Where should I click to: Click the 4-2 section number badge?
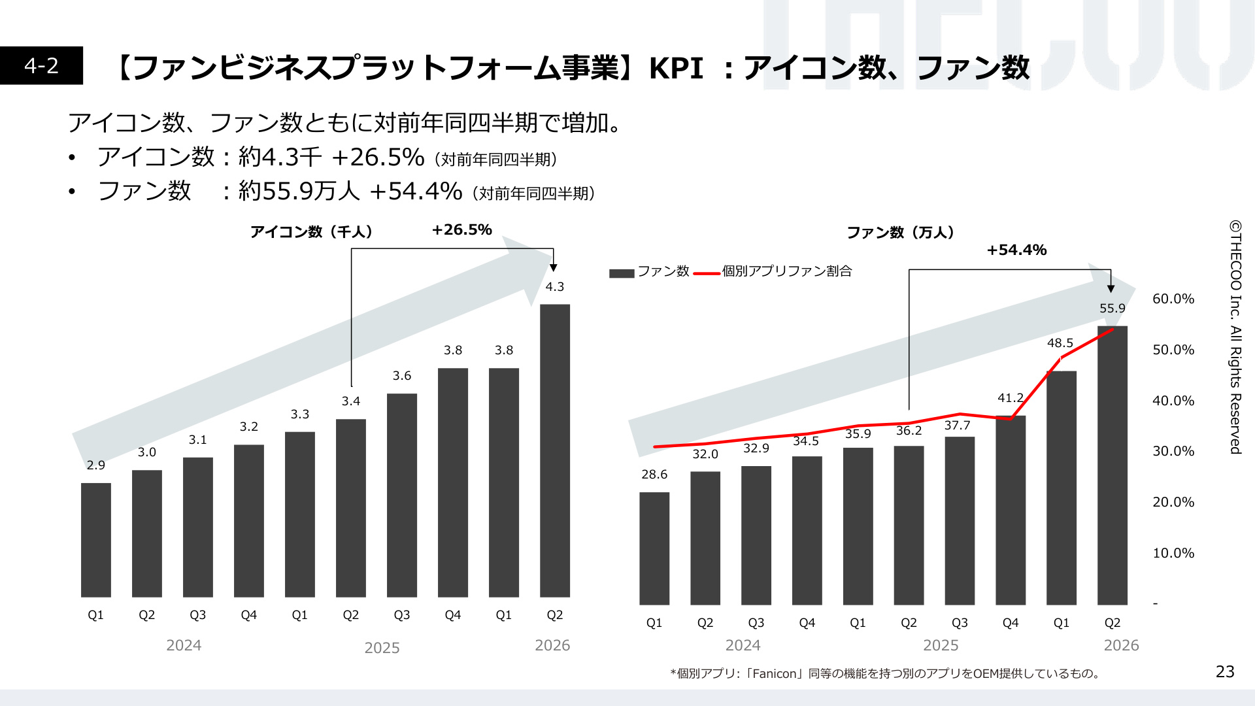(x=41, y=65)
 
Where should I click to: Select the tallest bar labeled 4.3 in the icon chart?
(x=555, y=450)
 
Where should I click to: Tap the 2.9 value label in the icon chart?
(x=96, y=465)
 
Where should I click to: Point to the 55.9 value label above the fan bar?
(x=1113, y=309)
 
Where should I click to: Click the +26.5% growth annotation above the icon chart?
(x=462, y=230)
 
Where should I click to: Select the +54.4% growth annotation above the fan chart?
(x=1016, y=250)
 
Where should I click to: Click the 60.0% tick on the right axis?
(x=1173, y=299)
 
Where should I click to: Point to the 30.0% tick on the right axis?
(x=1173, y=451)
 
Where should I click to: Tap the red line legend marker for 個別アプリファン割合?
(x=707, y=273)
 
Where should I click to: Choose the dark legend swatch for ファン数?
(x=622, y=273)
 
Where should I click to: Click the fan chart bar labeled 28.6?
(x=654, y=548)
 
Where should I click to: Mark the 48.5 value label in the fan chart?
(x=1060, y=343)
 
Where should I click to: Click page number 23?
(x=1225, y=671)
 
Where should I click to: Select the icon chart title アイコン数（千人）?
(x=311, y=231)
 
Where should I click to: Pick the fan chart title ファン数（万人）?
(x=900, y=233)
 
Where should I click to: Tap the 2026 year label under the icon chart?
(x=552, y=645)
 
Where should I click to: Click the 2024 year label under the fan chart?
(x=743, y=645)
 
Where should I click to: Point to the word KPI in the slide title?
(x=676, y=68)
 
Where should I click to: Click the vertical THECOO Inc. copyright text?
(x=1235, y=337)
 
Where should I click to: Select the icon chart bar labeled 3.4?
(x=351, y=508)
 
